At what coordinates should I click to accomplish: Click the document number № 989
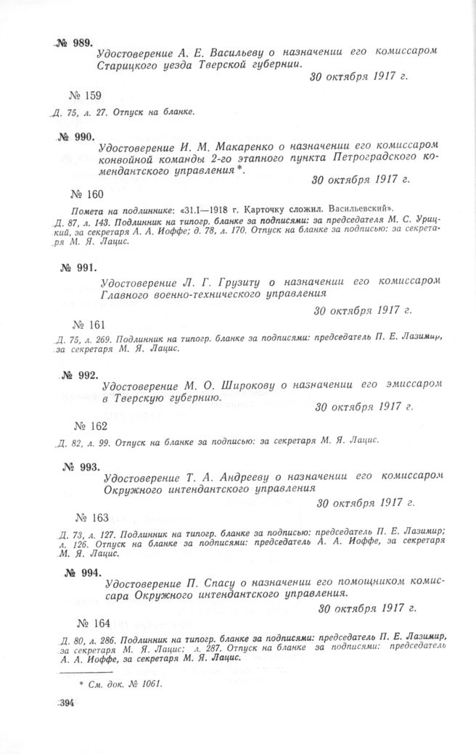(73, 44)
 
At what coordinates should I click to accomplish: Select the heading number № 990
(75, 137)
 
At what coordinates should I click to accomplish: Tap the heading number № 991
(78, 267)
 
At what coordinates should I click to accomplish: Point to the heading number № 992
(79, 376)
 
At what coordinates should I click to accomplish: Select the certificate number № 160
(88, 194)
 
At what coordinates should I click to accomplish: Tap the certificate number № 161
(91, 323)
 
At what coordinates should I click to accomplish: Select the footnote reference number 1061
(149, 684)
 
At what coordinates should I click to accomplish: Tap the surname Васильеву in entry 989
(240, 54)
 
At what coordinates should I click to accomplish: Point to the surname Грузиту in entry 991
(230, 281)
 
